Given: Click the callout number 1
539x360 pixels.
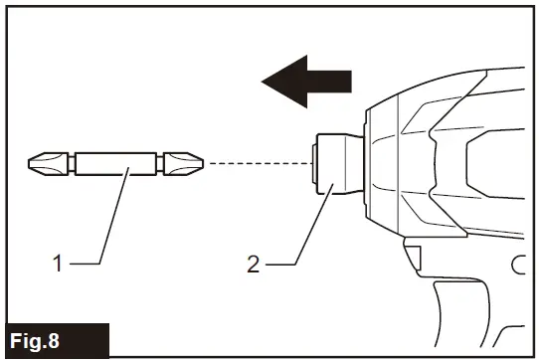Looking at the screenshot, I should [59, 264].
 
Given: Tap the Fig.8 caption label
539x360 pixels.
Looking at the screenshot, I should [45, 338].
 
